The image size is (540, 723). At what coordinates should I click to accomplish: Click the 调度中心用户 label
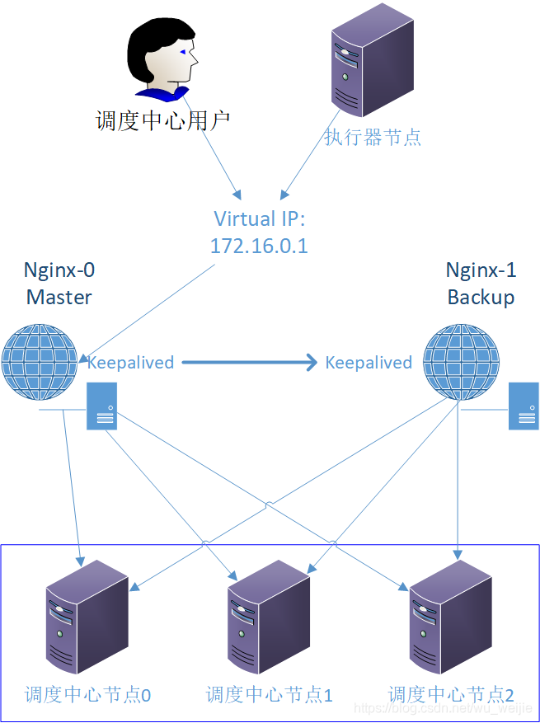pos(162,121)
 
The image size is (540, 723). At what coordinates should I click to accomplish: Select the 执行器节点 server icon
pos(372,59)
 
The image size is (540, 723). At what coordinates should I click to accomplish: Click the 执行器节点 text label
pos(373,137)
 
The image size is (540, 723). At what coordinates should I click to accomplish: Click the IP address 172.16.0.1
pos(259,246)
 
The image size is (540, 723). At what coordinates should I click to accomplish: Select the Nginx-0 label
pos(59,270)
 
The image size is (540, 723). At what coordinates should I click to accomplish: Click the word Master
pos(59,297)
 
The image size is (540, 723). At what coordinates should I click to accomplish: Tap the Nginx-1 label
pos(481,270)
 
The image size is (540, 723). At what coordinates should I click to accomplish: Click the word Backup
pos(481,297)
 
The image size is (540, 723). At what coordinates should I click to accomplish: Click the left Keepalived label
pos(130,363)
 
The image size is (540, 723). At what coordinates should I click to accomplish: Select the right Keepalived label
pos(369,363)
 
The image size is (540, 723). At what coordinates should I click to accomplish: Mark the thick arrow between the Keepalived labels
pos(249,362)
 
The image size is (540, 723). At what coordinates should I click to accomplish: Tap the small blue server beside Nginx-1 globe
pos(524,406)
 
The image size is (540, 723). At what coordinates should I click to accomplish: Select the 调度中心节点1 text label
pos(270,695)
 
